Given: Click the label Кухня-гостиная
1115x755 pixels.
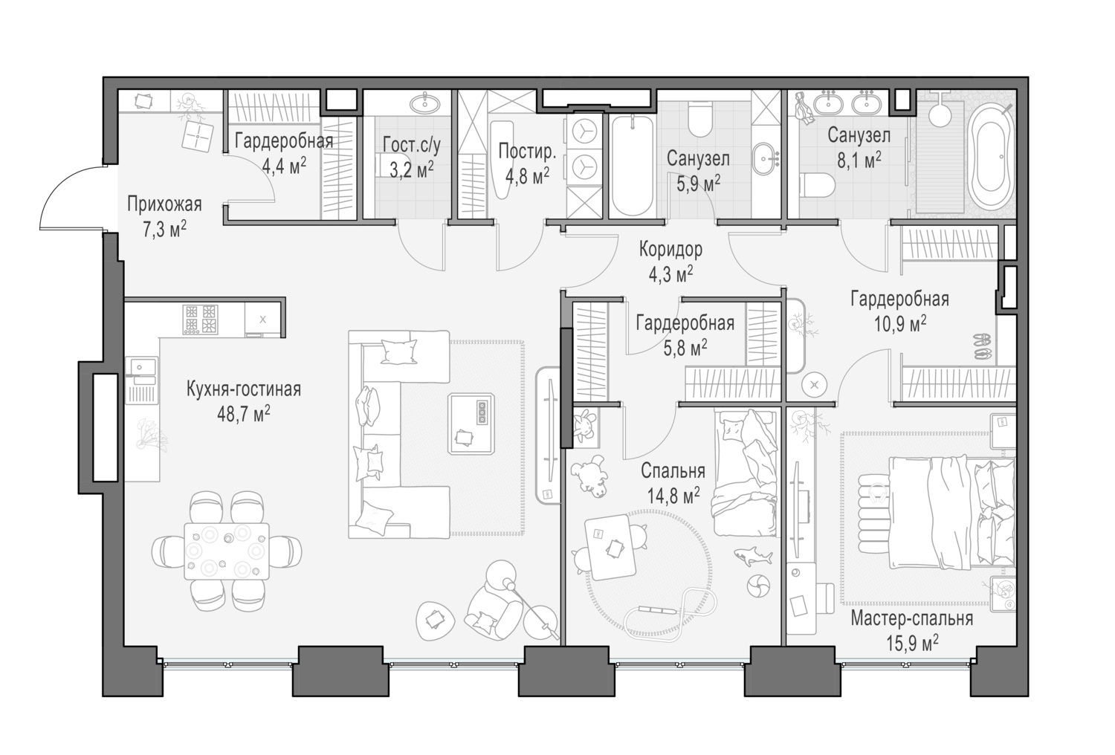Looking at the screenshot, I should [244, 389].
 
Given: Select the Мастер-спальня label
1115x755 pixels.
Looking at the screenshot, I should [911, 619].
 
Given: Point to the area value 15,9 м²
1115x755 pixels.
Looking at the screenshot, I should [911, 643].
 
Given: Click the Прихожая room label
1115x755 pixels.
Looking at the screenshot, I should [164, 204].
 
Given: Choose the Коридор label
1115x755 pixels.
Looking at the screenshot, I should [670, 250].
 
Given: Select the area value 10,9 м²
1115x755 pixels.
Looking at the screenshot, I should [899, 324].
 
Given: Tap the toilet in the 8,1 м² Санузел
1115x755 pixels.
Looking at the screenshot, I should [816, 184].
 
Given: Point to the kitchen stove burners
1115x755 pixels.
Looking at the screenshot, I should [201, 320].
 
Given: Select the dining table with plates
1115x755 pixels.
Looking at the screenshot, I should [227, 551].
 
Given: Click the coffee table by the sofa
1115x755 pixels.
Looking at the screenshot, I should [471, 424].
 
